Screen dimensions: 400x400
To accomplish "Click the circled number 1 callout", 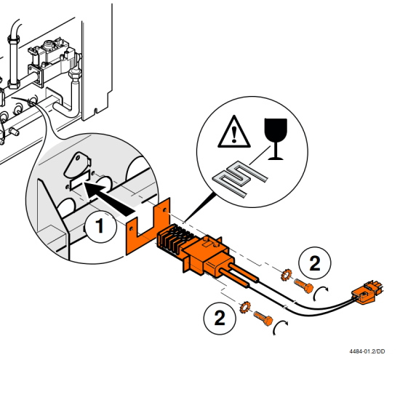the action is click(x=100, y=226).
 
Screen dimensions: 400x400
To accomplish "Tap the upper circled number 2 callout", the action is click(x=314, y=263).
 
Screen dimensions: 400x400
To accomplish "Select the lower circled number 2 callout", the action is click(x=220, y=319).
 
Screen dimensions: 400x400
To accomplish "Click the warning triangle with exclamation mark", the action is click(x=234, y=132).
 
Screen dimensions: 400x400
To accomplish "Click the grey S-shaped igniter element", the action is click(x=240, y=179).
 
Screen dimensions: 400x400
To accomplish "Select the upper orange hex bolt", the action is click(x=303, y=286).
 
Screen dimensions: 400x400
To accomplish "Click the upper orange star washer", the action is click(x=287, y=275).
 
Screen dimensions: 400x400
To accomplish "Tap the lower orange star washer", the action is click(x=245, y=307).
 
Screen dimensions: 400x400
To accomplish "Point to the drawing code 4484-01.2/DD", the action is click(x=367, y=351).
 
